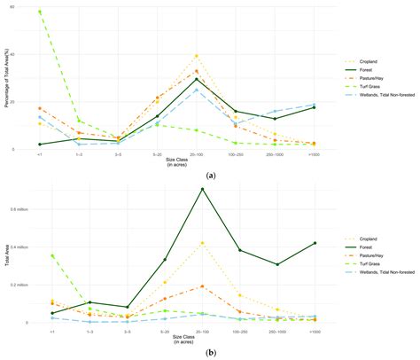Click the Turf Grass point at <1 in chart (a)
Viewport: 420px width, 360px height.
[40, 12]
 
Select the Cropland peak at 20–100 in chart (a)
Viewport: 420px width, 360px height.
[197, 56]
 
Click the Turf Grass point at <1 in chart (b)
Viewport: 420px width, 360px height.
[40, 255]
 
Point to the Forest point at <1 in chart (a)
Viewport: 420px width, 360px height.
[40, 144]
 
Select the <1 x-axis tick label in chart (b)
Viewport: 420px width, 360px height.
[40, 329]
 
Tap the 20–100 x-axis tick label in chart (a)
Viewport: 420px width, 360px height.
[197, 154]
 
